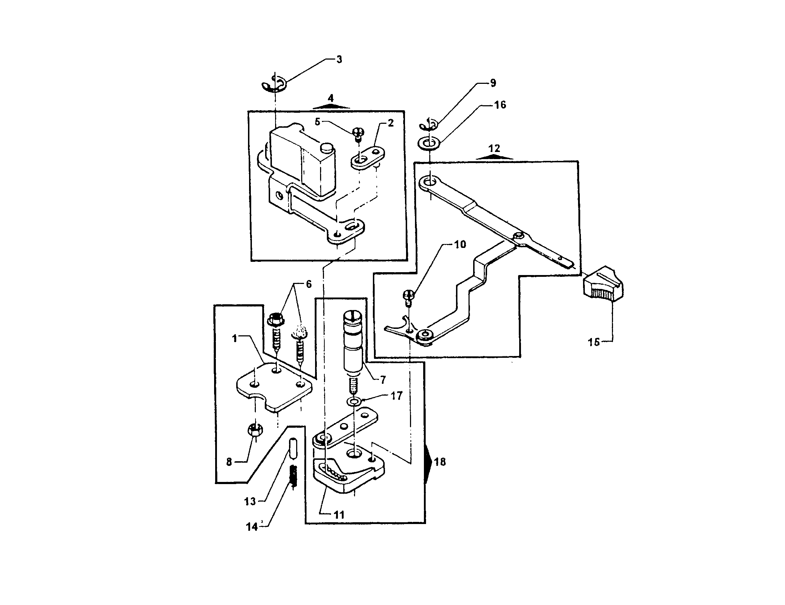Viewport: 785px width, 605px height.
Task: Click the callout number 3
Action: pyautogui.click(x=339, y=60)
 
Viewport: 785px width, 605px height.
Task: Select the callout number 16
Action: pyautogui.click(x=500, y=105)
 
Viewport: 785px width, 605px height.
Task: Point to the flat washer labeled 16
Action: pyautogui.click(x=429, y=143)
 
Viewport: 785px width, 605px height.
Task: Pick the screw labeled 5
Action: pyautogui.click(x=358, y=134)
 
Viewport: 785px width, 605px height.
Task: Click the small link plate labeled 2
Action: pyautogui.click(x=367, y=157)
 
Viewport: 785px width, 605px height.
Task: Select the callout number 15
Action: pyautogui.click(x=593, y=342)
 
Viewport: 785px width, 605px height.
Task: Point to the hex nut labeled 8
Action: pyautogui.click(x=255, y=430)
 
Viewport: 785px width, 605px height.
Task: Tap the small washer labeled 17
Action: pyautogui.click(x=355, y=401)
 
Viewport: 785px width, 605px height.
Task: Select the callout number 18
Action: pyautogui.click(x=440, y=462)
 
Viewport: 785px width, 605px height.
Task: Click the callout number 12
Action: pyautogui.click(x=494, y=148)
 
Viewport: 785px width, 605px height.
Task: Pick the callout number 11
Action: pyautogui.click(x=339, y=515)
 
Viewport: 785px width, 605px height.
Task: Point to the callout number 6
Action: pyautogui.click(x=308, y=284)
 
